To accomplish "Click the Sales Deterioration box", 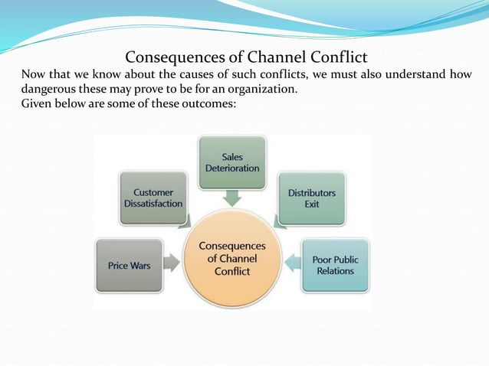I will [x=232, y=162].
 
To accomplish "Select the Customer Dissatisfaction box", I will [x=153, y=198].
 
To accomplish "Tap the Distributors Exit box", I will [x=311, y=198].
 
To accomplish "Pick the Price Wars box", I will [x=128, y=265].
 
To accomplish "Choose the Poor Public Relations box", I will [x=335, y=265].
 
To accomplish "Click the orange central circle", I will [x=232, y=259].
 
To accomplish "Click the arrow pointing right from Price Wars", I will [x=172, y=264].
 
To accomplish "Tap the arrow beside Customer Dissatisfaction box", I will [x=184, y=222].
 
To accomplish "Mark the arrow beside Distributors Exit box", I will [x=280, y=222].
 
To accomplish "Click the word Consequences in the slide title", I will [x=170, y=57].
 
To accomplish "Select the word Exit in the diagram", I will [x=311, y=204].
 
